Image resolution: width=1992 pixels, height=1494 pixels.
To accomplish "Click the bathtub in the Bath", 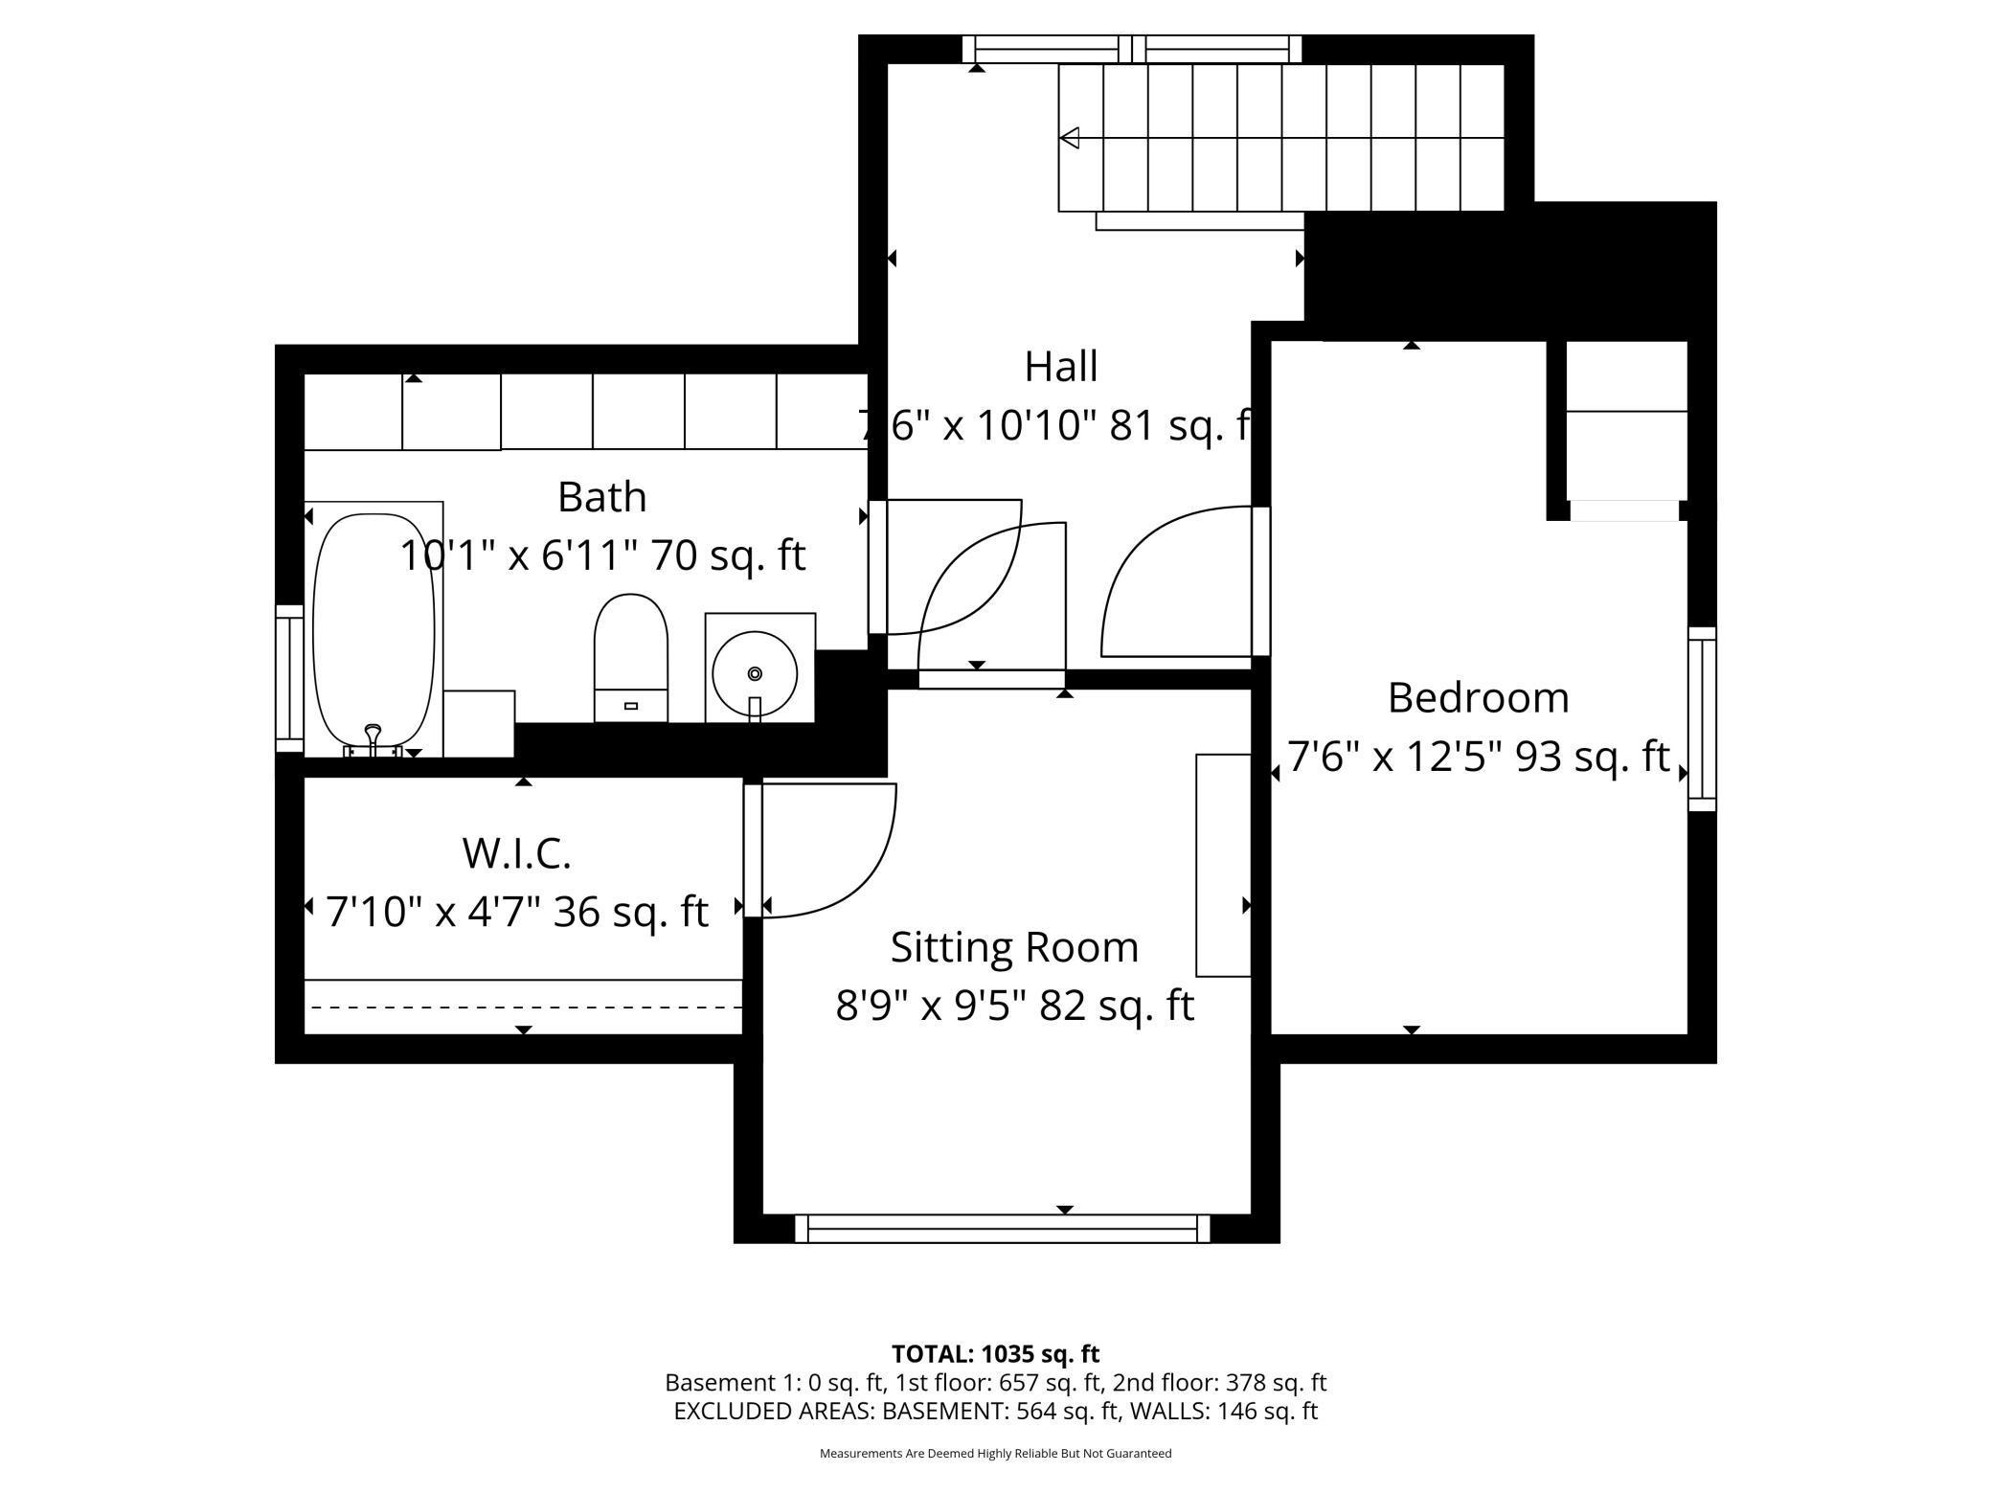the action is [373, 632].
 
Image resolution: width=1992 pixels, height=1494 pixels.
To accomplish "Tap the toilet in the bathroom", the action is [630, 658].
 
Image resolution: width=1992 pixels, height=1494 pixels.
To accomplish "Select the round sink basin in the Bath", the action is [755, 673].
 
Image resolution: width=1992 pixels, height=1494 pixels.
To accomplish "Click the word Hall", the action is [1061, 367].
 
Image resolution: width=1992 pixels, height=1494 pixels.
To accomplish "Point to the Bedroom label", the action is [1478, 697].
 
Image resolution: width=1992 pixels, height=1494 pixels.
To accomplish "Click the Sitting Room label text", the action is [1014, 947].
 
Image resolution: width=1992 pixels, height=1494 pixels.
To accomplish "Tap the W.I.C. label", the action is [517, 853].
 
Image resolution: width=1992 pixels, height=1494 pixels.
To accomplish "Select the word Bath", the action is [601, 497].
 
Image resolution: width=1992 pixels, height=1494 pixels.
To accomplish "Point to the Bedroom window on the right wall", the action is [1702, 719].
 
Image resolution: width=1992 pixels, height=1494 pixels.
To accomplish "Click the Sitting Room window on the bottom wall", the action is [1002, 1228].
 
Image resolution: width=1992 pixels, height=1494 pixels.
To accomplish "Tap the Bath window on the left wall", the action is [289, 678].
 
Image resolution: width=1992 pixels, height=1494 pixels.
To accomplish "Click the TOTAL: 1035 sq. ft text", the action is [996, 1354].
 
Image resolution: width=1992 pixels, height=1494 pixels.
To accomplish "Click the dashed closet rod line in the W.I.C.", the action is [523, 1007].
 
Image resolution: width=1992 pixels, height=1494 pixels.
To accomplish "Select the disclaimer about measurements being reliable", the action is [996, 1453].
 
